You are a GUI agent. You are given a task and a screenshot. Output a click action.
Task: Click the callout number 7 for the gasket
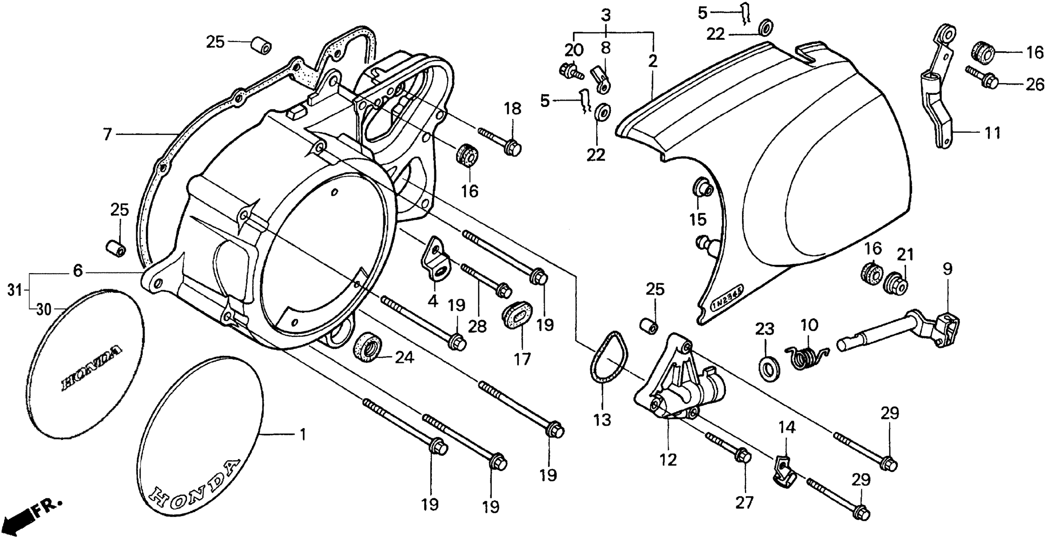click(107, 134)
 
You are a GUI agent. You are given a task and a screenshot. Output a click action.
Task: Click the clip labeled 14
click(784, 473)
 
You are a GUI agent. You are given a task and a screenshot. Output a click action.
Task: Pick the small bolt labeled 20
click(570, 72)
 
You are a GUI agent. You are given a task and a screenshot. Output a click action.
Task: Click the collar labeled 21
click(897, 282)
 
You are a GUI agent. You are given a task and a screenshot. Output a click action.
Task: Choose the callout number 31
click(15, 290)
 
